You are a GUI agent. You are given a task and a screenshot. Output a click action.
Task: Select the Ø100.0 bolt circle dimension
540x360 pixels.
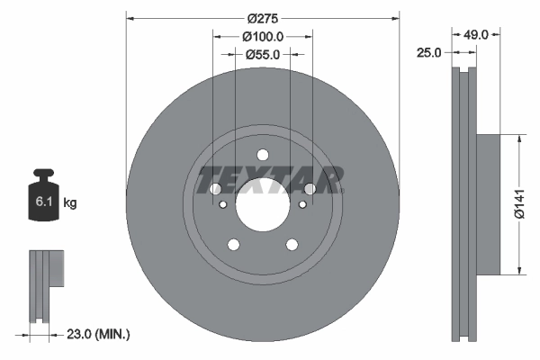point(263,37)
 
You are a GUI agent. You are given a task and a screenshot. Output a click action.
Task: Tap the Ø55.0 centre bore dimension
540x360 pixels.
point(263,54)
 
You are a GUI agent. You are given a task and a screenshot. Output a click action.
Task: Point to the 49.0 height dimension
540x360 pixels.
point(476,35)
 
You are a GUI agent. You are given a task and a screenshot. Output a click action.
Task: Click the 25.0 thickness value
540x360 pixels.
point(430,53)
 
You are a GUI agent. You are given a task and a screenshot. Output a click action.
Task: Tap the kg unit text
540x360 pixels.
point(69,203)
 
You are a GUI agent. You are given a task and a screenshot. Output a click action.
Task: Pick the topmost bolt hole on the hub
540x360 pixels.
point(263,154)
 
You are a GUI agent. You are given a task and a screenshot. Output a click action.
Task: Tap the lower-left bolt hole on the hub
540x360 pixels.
point(234,245)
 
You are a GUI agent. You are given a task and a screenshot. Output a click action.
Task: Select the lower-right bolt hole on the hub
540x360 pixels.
point(292,245)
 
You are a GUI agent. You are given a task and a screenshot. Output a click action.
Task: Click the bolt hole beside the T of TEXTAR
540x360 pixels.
point(215,189)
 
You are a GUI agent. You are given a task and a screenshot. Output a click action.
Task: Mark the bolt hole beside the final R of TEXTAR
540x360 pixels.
point(310,189)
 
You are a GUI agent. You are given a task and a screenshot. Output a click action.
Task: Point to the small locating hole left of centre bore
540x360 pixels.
point(223,204)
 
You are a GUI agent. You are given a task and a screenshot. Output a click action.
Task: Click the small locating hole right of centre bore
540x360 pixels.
point(302,204)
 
